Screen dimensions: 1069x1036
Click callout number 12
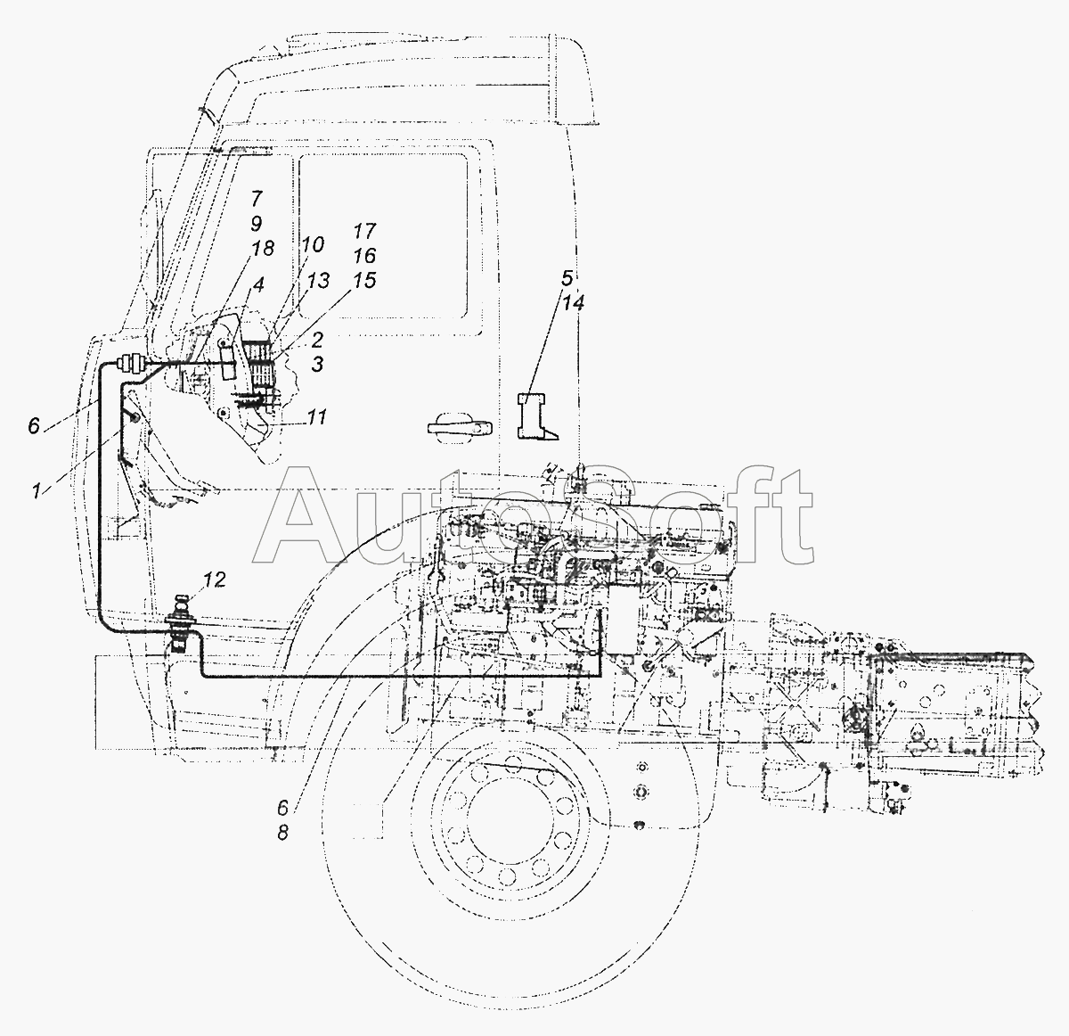point(215,580)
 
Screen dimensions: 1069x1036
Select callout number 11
point(316,416)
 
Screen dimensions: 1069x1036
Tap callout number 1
point(37,490)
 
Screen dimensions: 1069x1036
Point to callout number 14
point(574,303)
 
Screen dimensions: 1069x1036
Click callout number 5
point(567,278)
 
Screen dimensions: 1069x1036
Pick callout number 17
point(364,231)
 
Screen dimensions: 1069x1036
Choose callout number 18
point(263,249)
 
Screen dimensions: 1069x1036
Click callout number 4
point(258,284)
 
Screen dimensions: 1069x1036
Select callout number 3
point(317,364)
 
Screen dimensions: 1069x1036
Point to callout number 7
point(257,198)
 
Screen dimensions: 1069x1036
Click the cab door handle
point(459,427)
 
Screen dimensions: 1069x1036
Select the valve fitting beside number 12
point(181,623)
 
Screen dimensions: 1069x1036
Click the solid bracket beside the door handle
point(535,415)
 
